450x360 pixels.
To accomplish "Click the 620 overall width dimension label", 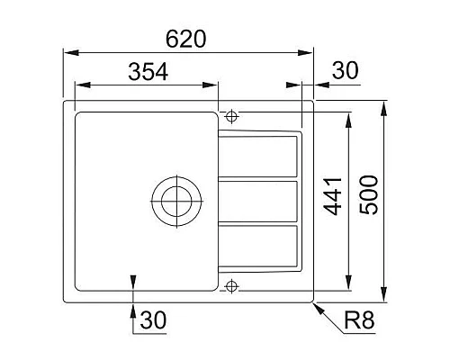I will tap(186, 39).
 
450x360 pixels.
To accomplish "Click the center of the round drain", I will tap(174, 199).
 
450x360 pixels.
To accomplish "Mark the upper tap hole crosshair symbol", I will tap(232, 116).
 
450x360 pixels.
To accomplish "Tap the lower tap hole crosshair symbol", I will tap(232, 286).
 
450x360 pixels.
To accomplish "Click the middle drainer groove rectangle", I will tap(260, 201).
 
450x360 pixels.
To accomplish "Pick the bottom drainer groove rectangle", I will tap(260, 245).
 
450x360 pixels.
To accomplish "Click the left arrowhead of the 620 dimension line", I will tap(67, 52).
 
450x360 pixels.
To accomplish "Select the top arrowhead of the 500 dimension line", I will tap(384, 107).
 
